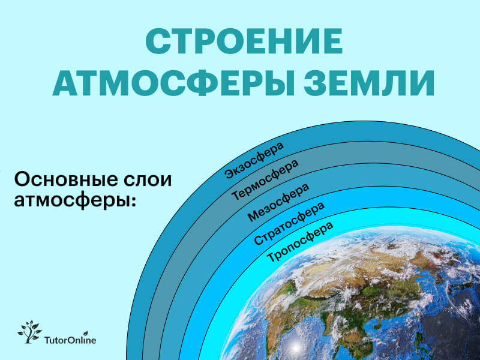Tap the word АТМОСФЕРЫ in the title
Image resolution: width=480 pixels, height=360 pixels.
pos(174,83)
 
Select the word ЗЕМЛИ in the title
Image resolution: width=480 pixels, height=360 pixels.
pos(369,83)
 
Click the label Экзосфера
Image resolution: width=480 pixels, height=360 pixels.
pos(254,160)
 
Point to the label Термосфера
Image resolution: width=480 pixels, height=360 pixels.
pos(265,179)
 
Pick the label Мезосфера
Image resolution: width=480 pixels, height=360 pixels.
pos(278,202)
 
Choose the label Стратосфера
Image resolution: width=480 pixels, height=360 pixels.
pos(289,223)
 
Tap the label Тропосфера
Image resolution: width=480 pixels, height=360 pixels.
pos(300,242)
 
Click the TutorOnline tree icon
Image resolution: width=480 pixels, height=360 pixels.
pos(29,332)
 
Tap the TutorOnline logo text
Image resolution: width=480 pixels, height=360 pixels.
pos(70,340)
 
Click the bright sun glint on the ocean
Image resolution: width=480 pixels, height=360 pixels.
pos(295,347)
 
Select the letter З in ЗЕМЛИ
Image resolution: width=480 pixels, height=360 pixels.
pos(316,83)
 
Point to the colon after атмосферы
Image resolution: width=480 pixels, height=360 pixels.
pos(133,202)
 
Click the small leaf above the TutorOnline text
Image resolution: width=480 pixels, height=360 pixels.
pos(86,333)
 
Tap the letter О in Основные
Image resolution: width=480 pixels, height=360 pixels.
pos(21,179)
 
